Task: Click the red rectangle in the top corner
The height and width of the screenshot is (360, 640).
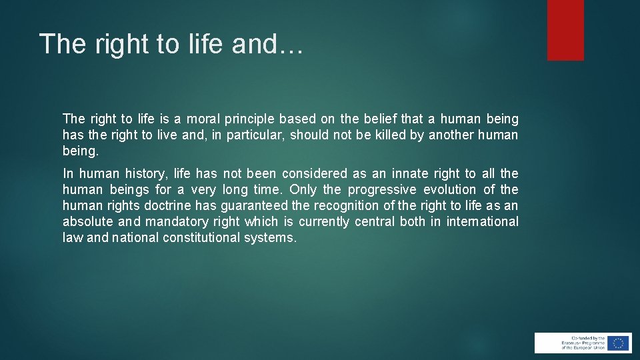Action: [x=565, y=30]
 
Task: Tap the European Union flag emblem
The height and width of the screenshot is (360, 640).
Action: [x=618, y=343]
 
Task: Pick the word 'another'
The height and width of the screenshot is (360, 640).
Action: [x=451, y=135]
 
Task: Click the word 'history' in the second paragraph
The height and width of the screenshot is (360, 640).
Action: [x=145, y=174]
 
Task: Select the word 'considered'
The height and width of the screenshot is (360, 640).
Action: [x=315, y=174]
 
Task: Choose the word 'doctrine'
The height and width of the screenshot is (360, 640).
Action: [x=167, y=206]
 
